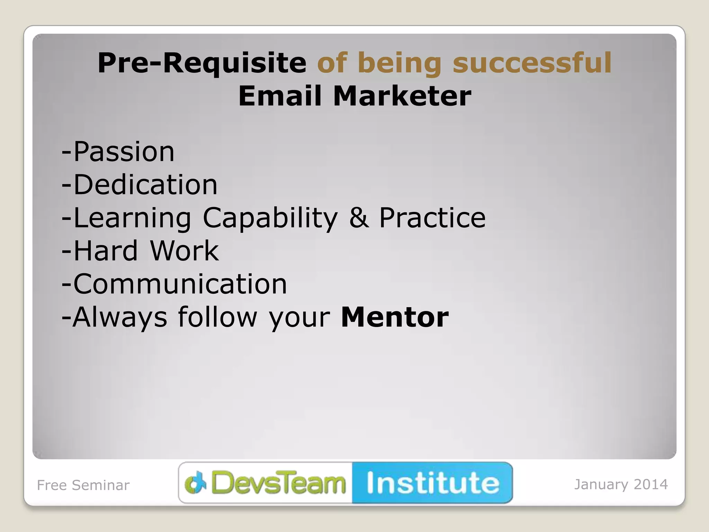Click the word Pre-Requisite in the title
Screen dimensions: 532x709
click(x=202, y=63)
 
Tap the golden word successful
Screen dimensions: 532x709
click(x=532, y=63)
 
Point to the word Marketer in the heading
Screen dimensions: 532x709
click(x=402, y=96)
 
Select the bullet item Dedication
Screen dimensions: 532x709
click(x=145, y=185)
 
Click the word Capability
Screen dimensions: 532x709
click(x=270, y=218)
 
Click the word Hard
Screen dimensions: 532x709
click(x=106, y=250)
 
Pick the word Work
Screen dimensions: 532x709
click(x=184, y=250)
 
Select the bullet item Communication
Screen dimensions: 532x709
click(x=180, y=284)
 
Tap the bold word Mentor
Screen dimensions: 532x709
click(x=395, y=317)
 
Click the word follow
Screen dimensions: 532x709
click(x=217, y=317)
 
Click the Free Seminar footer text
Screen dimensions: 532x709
click(x=83, y=485)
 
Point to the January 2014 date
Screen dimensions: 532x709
click(x=621, y=484)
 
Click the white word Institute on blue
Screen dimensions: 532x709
click(x=433, y=483)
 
